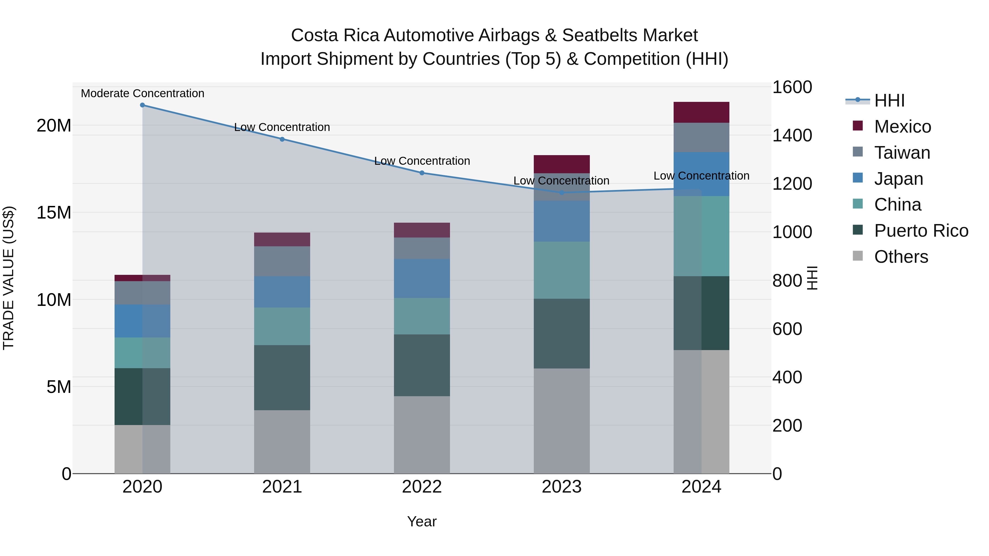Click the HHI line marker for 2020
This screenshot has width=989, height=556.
click(x=142, y=105)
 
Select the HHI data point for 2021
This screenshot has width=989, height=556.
click(x=282, y=139)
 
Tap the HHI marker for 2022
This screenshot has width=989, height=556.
click(x=422, y=173)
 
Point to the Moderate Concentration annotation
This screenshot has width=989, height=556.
click(x=142, y=94)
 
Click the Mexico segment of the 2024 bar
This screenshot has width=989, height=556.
click(x=701, y=112)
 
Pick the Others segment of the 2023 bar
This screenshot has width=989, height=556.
click(x=562, y=421)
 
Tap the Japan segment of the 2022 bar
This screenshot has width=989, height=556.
click(x=422, y=279)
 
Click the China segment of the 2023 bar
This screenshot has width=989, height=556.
click(x=562, y=270)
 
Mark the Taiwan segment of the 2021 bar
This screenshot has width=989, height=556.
click(x=282, y=261)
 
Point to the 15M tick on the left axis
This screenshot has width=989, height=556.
click(x=54, y=213)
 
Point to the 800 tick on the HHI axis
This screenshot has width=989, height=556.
click(x=787, y=281)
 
